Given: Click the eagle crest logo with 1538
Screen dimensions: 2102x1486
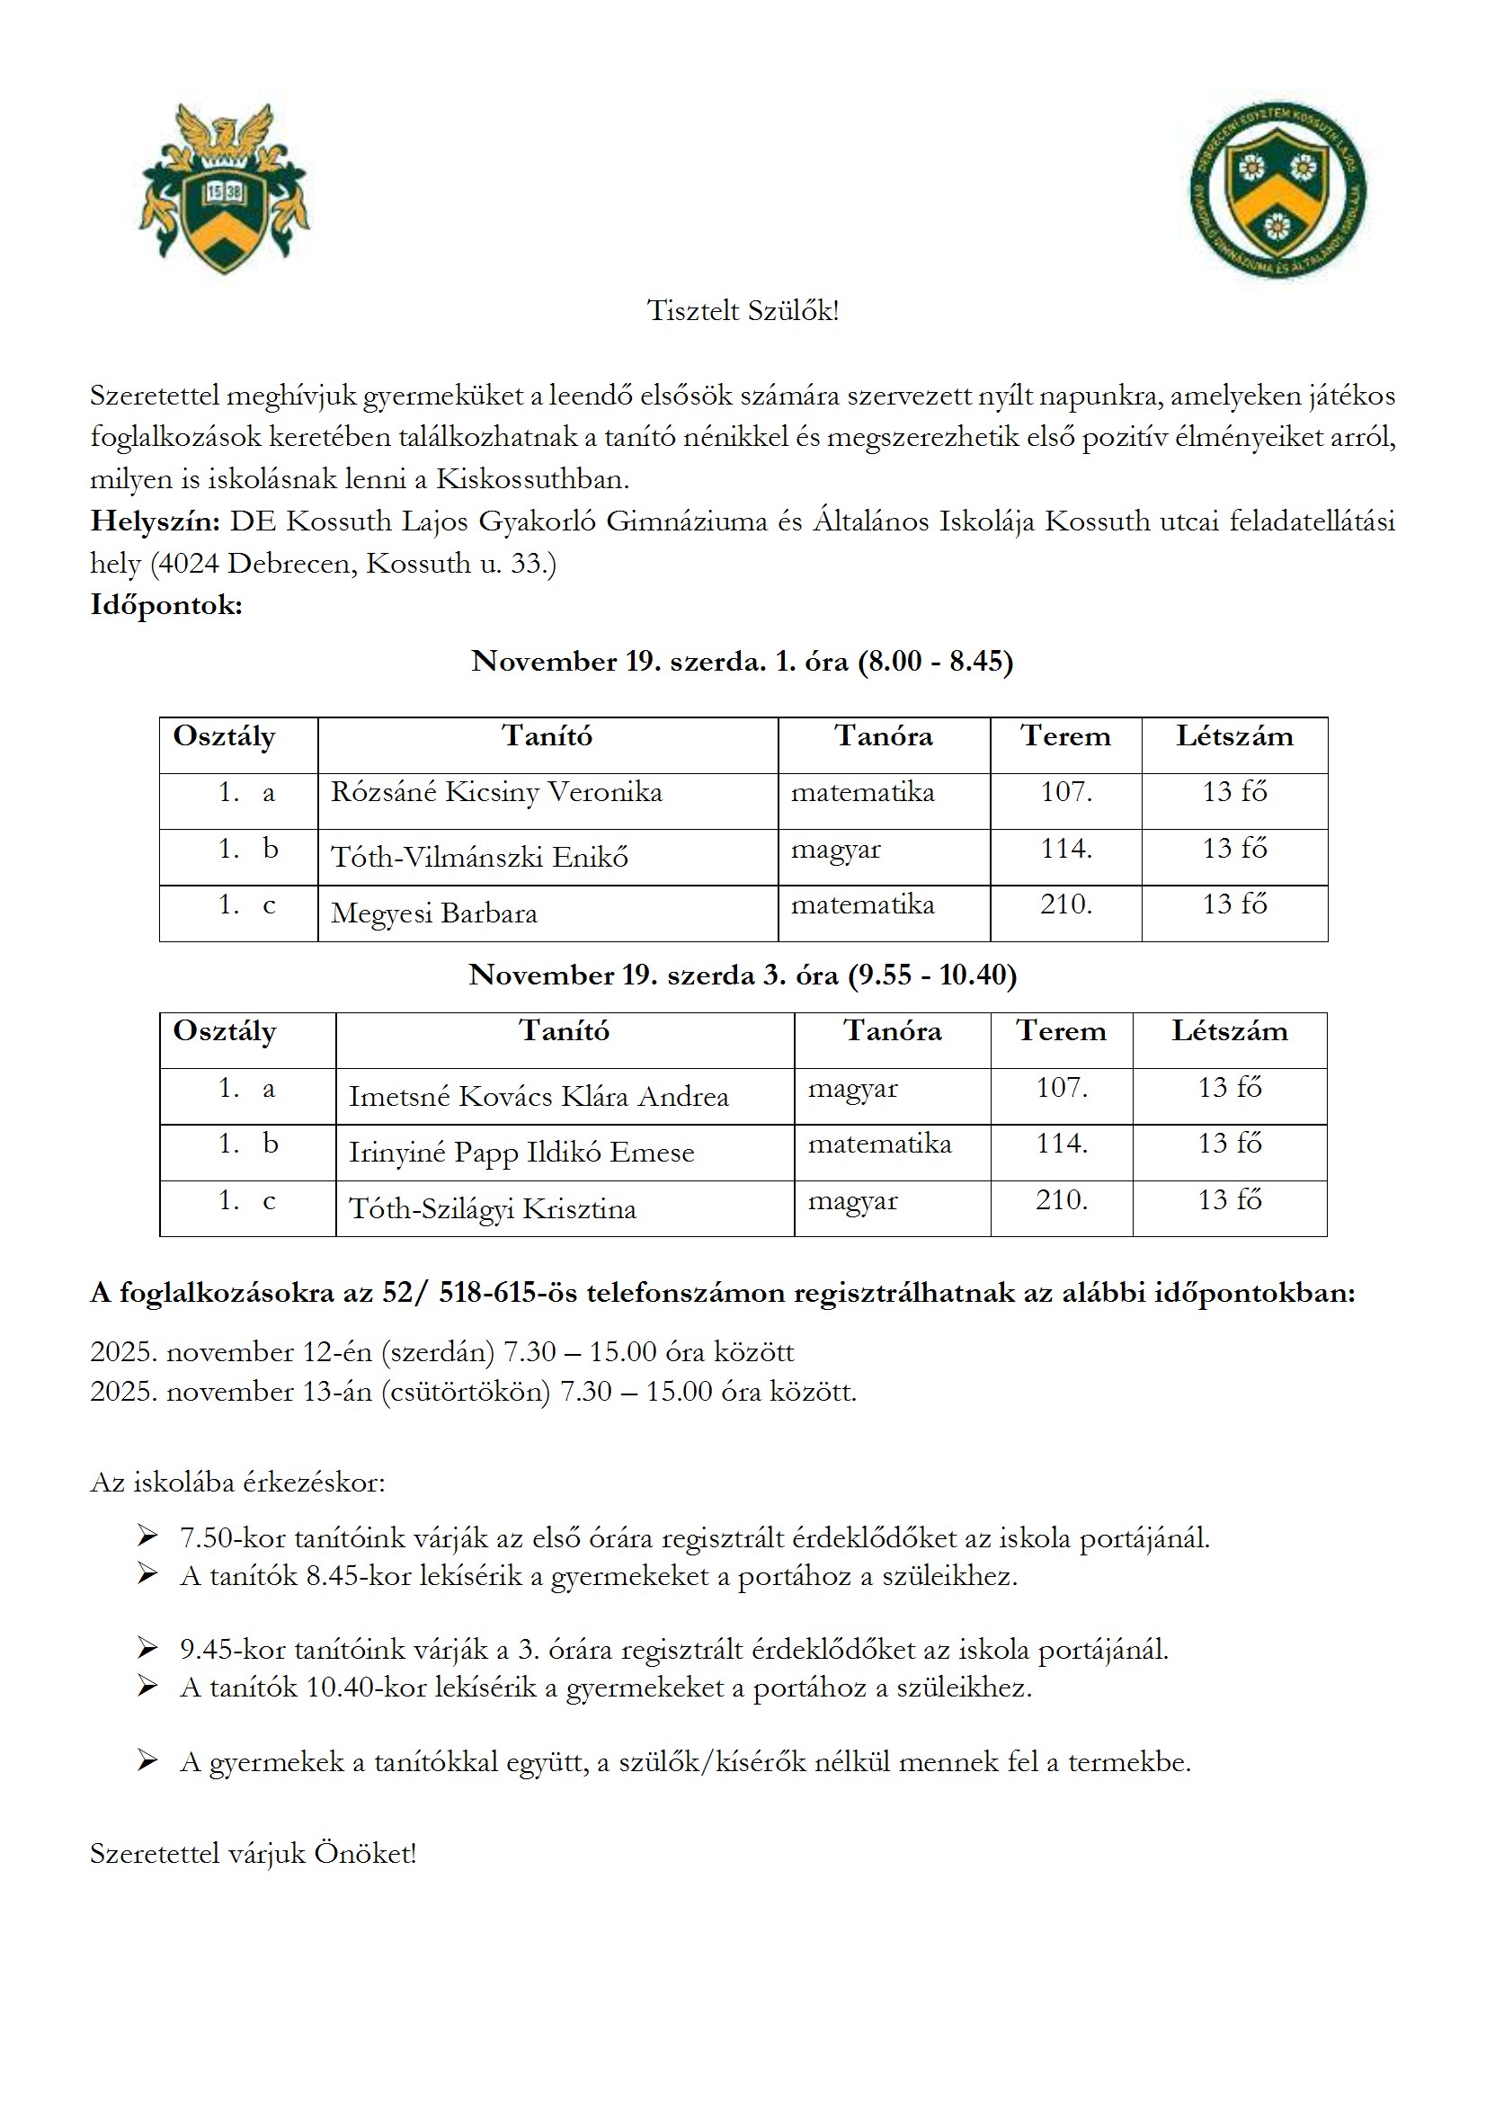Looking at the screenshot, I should (x=225, y=190).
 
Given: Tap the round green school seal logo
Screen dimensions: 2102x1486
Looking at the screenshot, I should (x=1277, y=191).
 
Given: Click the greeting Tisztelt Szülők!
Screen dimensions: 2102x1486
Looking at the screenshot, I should (x=743, y=311).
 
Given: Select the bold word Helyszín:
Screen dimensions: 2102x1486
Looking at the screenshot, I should (x=155, y=521).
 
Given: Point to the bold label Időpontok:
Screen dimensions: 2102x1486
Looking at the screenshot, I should (x=165, y=605).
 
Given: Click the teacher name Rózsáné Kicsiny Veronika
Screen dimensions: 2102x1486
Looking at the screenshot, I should (x=496, y=793).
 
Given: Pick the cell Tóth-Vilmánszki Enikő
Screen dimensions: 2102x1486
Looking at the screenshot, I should (x=479, y=858).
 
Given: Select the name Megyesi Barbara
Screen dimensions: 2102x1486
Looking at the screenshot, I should (x=434, y=913).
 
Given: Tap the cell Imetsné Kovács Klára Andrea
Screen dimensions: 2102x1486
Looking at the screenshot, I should (x=538, y=1097).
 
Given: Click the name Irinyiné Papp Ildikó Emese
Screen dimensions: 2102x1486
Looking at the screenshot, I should (x=521, y=1153).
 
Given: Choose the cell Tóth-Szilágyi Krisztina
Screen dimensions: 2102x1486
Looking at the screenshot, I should (x=493, y=1209).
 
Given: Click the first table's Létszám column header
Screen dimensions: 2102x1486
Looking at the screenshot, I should (x=1234, y=737).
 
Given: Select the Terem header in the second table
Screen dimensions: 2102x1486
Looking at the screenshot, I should (x=1061, y=1032).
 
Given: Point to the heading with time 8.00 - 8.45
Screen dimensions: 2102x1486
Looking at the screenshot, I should (x=743, y=662).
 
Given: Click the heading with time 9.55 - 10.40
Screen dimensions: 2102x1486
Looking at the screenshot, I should (x=743, y=975).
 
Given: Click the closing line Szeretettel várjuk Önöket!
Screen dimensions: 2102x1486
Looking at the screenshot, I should (x=254, y=1854).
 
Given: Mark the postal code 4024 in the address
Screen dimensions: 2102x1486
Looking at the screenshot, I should (x=190, y=564).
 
